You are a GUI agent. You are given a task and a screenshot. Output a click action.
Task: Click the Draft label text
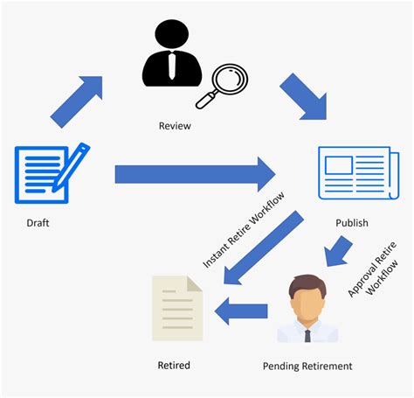[37, 223]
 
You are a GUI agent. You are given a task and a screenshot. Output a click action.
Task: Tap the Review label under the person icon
[175, 127]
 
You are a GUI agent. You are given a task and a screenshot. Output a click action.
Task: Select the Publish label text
[352, 223]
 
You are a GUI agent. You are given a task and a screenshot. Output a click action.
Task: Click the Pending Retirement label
[307, 366]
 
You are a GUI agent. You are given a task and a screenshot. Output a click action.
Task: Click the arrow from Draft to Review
[76, 101]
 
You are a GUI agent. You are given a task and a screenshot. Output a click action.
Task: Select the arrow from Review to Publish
[302, 97]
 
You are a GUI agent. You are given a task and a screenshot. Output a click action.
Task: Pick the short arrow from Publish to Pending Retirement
[337, 254]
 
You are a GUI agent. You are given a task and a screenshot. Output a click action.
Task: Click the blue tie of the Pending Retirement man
[307, 335]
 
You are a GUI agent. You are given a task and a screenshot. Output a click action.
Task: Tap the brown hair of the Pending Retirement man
[307, 283]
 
